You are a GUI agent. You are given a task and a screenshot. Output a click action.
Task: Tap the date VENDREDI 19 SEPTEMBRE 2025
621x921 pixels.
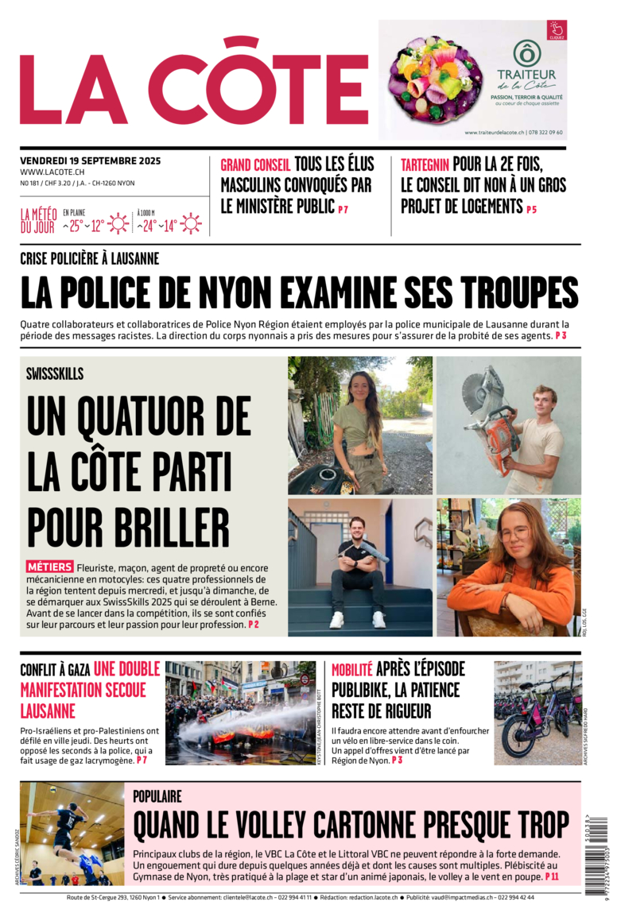click(90, 161)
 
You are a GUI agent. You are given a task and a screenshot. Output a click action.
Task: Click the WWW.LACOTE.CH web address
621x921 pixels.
click(52, 172)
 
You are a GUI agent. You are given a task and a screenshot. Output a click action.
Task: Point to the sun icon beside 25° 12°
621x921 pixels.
click(118, 224)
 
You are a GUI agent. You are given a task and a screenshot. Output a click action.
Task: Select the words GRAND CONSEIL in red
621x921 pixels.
click(255, 165)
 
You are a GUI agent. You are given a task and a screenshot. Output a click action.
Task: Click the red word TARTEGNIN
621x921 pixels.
click(425, 165)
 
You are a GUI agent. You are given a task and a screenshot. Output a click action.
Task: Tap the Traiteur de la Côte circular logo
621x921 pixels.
click(526, 53)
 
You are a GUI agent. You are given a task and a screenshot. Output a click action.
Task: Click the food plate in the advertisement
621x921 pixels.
click(434, 79)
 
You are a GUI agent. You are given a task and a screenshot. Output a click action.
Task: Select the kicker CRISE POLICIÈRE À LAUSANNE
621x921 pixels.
click(90, 258)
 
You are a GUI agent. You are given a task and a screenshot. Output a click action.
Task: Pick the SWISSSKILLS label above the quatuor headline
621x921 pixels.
click(55, 373)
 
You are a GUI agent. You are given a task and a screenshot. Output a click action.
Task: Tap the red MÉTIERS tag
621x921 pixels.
click(49, 567)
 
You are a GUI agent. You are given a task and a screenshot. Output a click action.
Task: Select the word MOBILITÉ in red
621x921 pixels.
click(351, 670)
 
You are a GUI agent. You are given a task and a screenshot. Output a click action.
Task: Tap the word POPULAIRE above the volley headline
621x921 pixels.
click(157, 795)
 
